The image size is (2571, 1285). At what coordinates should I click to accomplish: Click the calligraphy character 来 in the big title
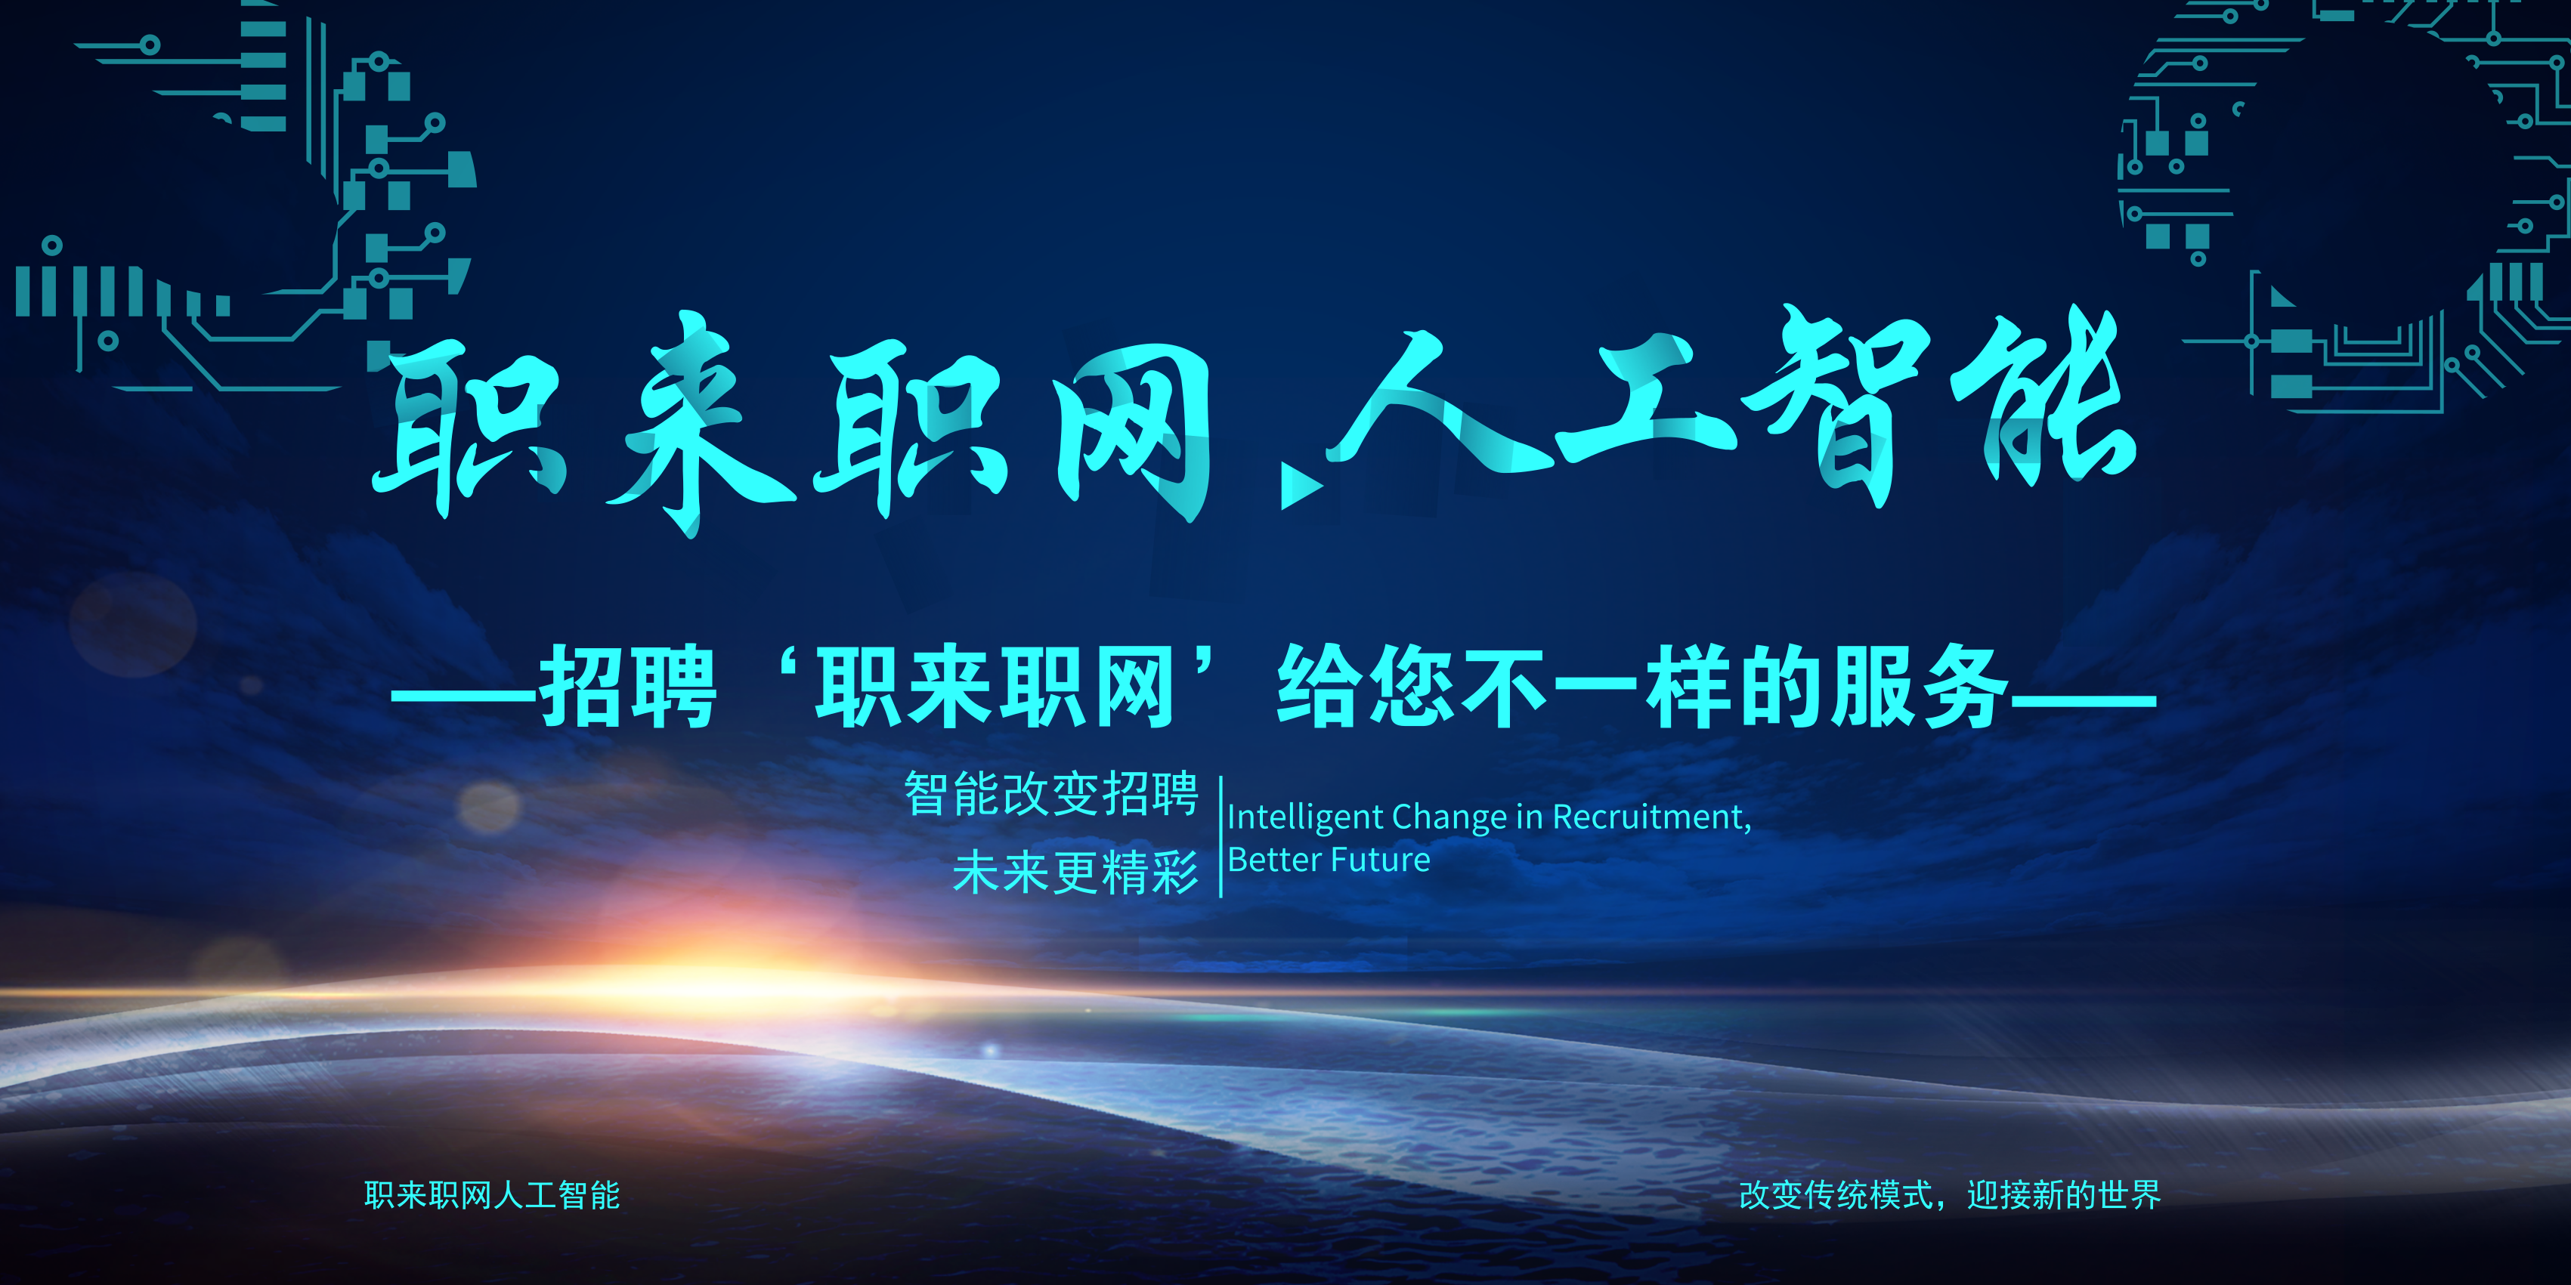tap(698, 424)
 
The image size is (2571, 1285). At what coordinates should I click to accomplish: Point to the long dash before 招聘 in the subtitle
tap(465, 698)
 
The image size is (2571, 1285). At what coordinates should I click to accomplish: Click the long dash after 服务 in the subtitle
tap(2083, 698)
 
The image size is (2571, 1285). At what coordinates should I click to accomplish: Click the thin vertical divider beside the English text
tap(1221, 836)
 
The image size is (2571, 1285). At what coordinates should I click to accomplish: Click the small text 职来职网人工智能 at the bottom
tap(492, 1195)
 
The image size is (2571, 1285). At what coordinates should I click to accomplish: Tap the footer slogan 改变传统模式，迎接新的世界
tap(1949, 1195)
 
